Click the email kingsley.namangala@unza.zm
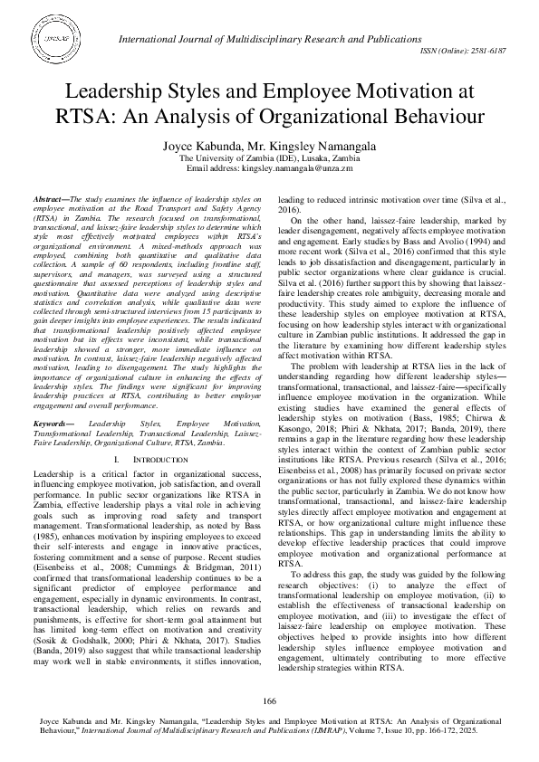tap(294, 168)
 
